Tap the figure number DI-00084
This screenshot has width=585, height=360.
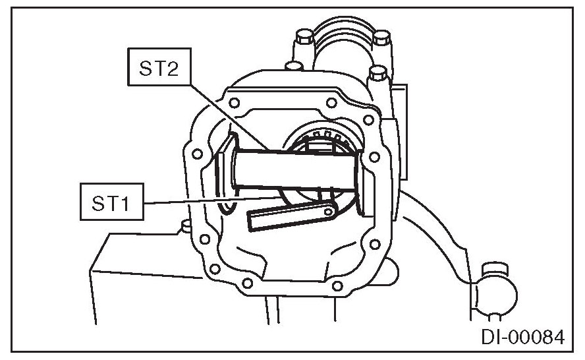point(523,338)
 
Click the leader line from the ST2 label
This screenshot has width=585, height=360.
point(227,112)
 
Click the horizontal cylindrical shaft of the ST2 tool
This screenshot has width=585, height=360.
point(296,167)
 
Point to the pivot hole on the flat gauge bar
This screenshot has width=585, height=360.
point(327,212)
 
